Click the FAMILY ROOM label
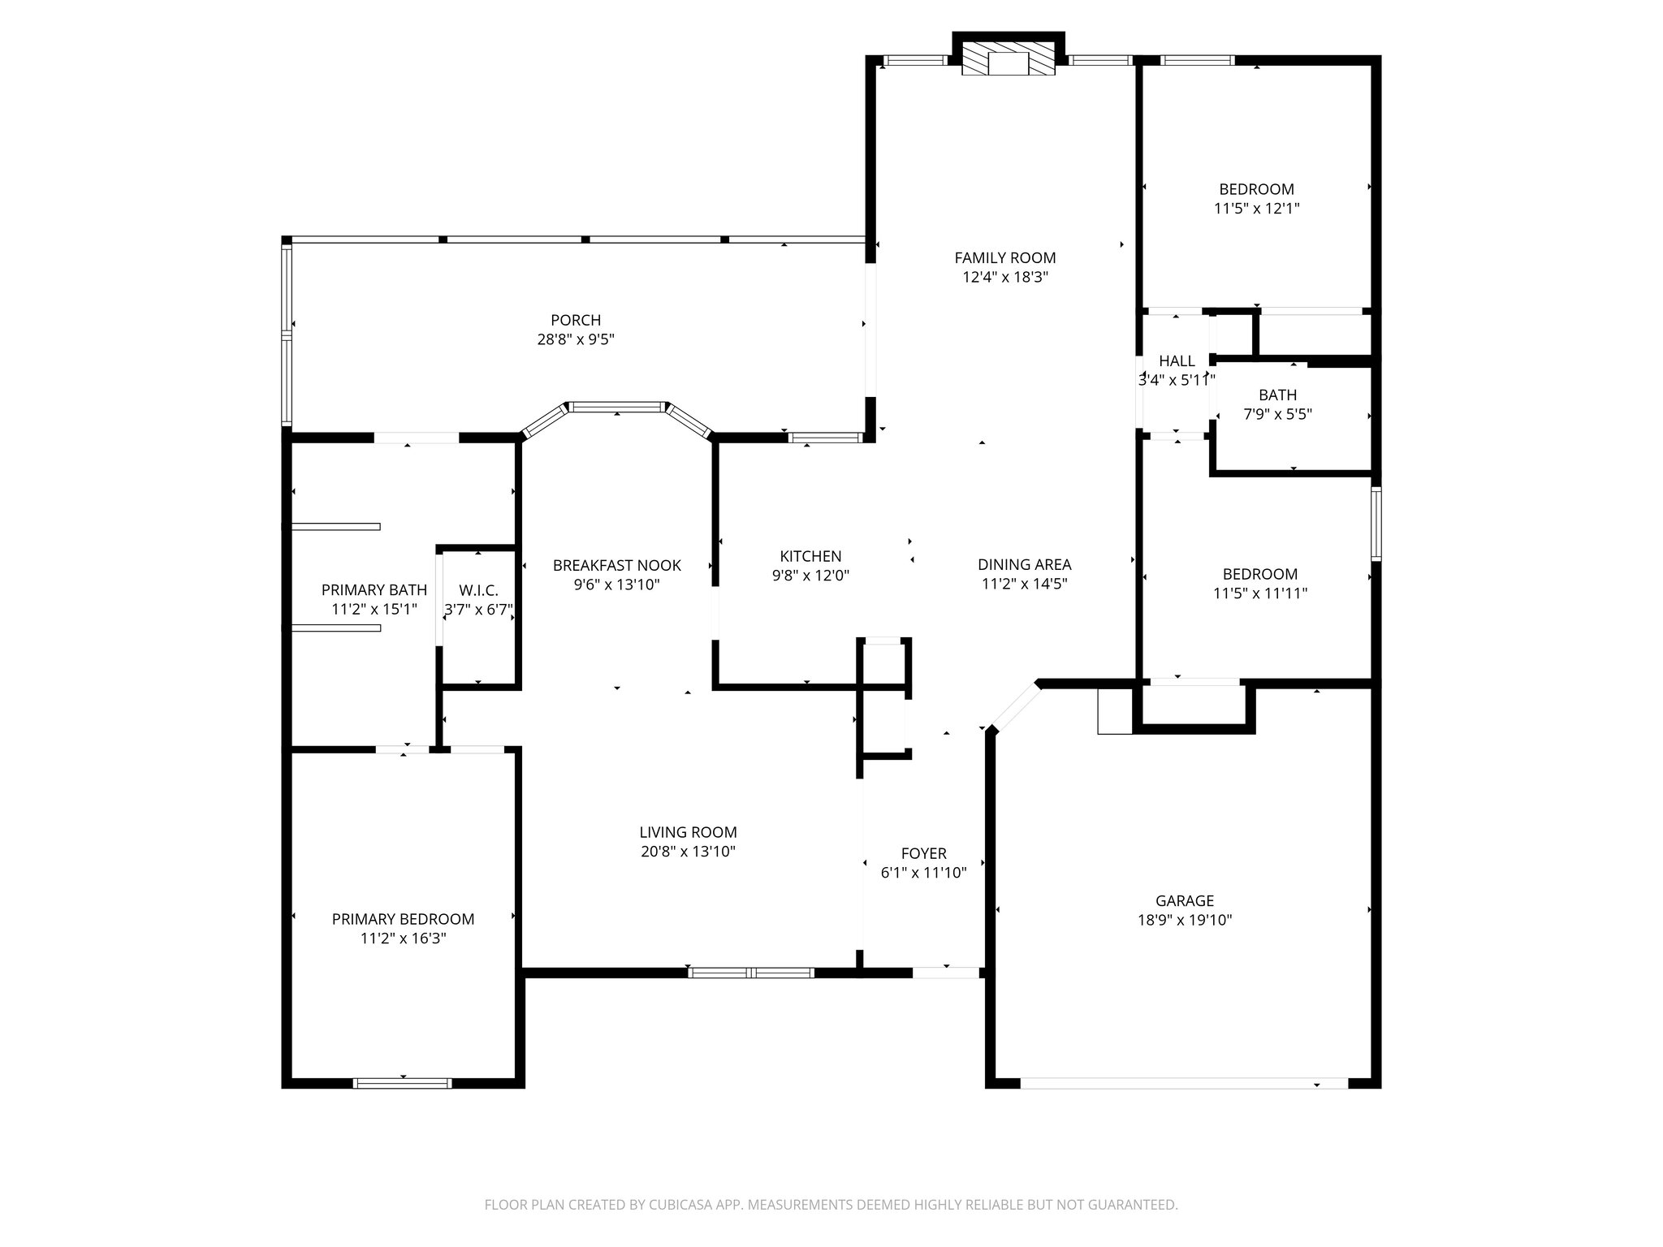[1004, 258]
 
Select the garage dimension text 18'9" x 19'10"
[1185, 920]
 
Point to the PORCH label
[576, 321]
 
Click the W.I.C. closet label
[478, 590]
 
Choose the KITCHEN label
[810, 556]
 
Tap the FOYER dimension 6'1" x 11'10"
[923, 873]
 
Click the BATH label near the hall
[1277, 395]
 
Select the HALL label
[1177, 361]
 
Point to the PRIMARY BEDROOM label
[403, 919]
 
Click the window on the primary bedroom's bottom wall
[403, 1082]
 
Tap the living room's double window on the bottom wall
[751, 972]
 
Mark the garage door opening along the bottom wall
[1184, 1083]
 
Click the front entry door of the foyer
[946, 972]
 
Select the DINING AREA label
[1024, 564]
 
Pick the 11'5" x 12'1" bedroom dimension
[1256, 209]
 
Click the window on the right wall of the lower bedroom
[1376, 524]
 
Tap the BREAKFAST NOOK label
[616, 565]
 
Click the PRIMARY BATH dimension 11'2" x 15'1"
[374, 609]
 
